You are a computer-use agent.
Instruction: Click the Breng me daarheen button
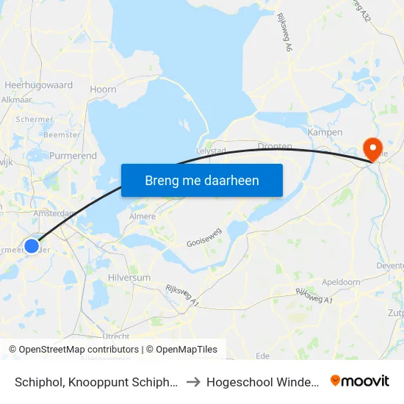pos(202,180)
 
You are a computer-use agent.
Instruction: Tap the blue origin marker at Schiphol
pos(32,246)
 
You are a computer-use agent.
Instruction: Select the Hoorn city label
pos(103,90)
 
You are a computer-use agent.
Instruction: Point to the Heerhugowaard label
pos(38,85)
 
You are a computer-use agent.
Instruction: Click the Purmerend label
pos(73,156)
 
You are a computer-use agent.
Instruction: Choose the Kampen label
pos(325,132)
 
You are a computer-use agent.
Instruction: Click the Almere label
pos(142,217)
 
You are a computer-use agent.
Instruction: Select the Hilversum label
pos(129,278)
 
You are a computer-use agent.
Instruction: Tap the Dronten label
pos(275,146)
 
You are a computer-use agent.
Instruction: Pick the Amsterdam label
pos(54,213)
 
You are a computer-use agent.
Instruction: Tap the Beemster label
pos(62,134)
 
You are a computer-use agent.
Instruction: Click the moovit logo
pos(360,381)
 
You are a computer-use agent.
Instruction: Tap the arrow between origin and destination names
pos(192,381)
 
